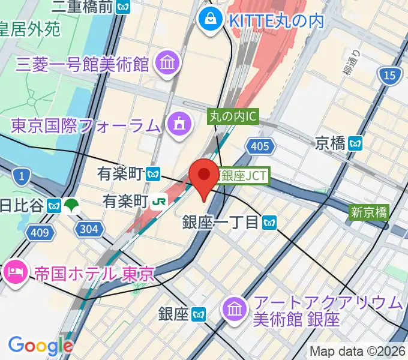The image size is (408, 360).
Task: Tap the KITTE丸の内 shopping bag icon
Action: (211, 19)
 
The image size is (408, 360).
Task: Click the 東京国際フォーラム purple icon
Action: (179, 125)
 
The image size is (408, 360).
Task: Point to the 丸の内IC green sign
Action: (233, 116)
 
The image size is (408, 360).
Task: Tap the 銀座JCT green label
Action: (244, 176)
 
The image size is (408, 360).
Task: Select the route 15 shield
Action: (389, 75)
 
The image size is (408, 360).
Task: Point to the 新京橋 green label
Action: (370, 211)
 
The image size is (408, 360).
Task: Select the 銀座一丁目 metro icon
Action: (269, 223)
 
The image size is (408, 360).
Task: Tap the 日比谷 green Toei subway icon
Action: (72, 205)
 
